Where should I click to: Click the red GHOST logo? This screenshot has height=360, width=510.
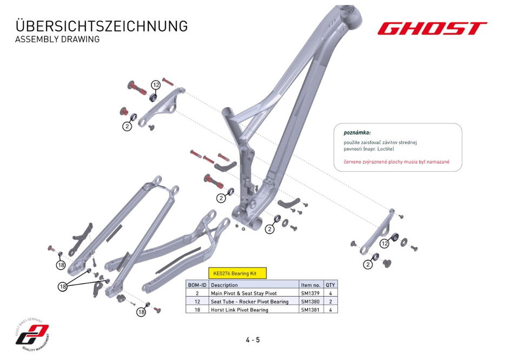(x=432, y=28)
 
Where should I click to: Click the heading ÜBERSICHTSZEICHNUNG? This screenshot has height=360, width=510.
(x=102, y=26)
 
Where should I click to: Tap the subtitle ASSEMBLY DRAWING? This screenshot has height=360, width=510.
(x=57, y=39)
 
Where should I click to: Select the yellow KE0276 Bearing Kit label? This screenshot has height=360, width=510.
(x=237, y=273)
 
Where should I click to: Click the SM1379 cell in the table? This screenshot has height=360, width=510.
(x=310, y=293)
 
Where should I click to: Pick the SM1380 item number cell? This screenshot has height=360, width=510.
(x=310, y=302)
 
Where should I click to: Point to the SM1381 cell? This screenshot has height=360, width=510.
(x=310, y=310)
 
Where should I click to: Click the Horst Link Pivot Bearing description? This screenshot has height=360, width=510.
(x=240, y=310)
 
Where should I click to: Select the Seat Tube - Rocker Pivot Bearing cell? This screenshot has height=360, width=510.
(x=249, y=302)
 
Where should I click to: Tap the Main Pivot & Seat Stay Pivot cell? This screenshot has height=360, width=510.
(x=243, y=293)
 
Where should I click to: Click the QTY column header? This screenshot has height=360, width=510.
(x=330, y=285)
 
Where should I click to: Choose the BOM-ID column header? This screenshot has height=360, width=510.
(x=197, y=285)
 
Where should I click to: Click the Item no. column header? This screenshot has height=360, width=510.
(x=310, y=285)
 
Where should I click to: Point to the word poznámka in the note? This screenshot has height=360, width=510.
(x=357, y=132)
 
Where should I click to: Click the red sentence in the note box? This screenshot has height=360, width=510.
(x=396, y=162)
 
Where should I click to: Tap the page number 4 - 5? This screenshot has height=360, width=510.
(x=253, y=340)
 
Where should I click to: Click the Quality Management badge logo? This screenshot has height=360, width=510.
(x=32, y=335)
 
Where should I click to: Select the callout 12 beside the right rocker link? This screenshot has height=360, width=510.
(x=385, y=243)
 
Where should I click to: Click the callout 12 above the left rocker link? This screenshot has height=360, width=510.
(x=156, y=85)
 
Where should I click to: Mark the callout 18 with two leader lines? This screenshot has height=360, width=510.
(x=63, y=286)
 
